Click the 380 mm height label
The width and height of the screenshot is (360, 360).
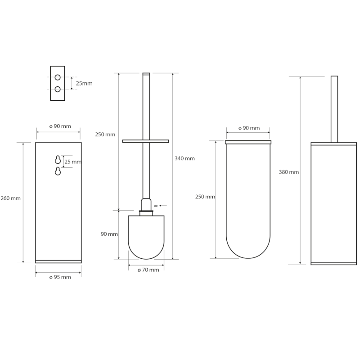(x=289, y=172)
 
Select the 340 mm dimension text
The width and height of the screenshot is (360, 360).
(x=184, y=158)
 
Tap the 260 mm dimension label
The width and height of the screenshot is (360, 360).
(x=10, y=198)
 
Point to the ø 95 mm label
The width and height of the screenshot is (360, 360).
(x=60, y=277)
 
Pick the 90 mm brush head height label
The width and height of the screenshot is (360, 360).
(x=109, y=234)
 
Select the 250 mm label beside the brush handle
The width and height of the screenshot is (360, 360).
(x=105, y=135)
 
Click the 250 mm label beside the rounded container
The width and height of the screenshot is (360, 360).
(x=205, y=197)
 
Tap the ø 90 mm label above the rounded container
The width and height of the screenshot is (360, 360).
(x=249, y=128)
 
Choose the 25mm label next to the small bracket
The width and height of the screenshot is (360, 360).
(x=84, y=84)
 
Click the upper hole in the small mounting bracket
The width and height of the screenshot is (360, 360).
(x=58, y=77)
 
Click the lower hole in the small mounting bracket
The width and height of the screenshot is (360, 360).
(x=58, y=89)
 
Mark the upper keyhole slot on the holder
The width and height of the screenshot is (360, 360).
(x=58, y=159)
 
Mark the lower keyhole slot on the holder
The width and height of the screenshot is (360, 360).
(x=58, y=171)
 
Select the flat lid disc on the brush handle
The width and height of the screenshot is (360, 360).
(x=146, y=141)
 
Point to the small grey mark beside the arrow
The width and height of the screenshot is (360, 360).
(x=156, y=206)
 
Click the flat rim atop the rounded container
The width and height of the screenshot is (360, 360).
(x=248, y=142)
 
